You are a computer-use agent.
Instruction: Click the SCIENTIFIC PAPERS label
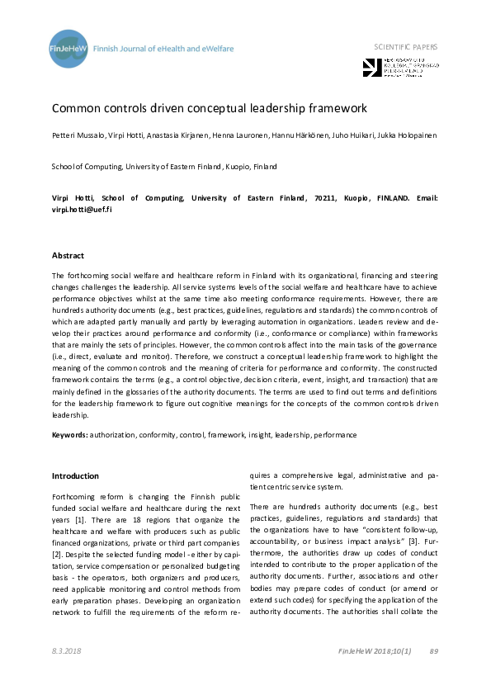[406, 47]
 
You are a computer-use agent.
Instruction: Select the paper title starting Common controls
[210, 108]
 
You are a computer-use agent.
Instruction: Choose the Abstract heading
[68, 256]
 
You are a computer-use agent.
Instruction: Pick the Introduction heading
[75, 476]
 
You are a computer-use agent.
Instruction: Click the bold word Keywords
[69, 433]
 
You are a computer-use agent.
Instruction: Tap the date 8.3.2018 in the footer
[66, 652]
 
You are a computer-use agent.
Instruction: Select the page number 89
[434, 652]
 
